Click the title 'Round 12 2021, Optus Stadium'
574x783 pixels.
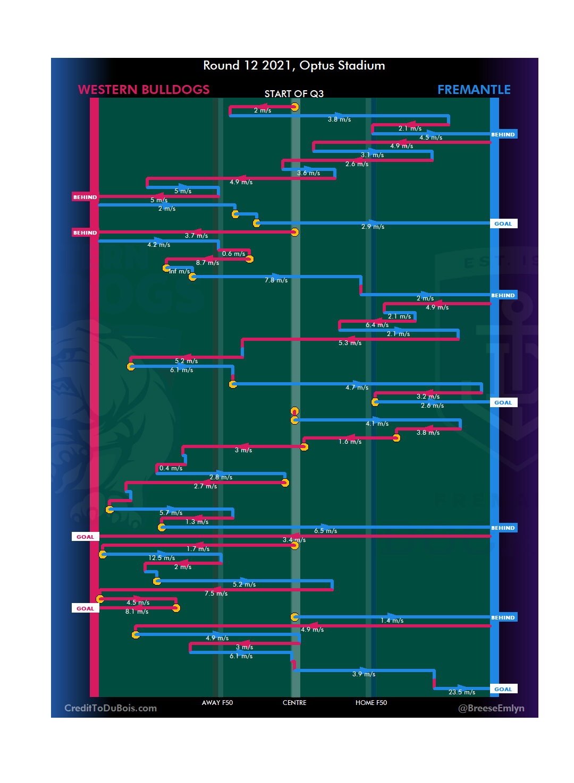click(294, 66)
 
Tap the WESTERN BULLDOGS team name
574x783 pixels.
click(144, 90)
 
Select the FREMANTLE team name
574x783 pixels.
click(474, 90)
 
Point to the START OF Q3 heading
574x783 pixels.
click(294, 94)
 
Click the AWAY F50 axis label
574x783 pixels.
click(217, 703)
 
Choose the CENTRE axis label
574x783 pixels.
click(294, 703)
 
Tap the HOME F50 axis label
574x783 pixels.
click(371, 703)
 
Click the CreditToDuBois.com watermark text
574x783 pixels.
click(111, 708)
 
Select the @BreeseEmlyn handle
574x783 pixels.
click(491, 708)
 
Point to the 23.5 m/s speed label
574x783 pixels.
click(462, 692)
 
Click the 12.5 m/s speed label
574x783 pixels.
click(162, 558)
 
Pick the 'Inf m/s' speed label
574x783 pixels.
click(180, 271)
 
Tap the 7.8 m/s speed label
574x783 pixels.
click(276, 280)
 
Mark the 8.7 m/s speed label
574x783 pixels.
click(207, 263)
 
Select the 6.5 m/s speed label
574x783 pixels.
click(325, 531)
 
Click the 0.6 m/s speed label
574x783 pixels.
click(234, 254)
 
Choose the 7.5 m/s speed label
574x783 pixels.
click(216, 593)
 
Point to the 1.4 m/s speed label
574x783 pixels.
click(392, 621)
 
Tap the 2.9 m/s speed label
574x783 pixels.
click(373, 227)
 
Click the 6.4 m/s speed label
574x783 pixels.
click(377, 325)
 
